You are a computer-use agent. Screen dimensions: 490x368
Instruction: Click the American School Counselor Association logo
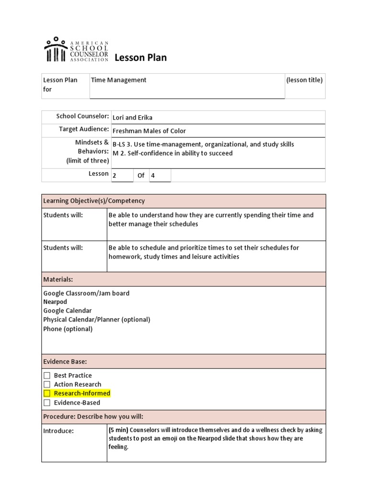tap(76, 50)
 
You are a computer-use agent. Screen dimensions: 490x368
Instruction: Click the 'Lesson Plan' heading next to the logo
tap(140, 58)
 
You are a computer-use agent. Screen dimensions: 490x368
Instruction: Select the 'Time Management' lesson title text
tap(118, 80)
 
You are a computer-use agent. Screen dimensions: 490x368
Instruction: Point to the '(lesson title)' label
tap(304, 80)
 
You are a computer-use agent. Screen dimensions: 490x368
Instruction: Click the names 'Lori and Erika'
tap(132, 118)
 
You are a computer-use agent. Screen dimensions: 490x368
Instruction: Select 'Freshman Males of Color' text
tap(149, 131)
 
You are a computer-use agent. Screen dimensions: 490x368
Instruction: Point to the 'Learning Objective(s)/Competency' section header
tap(94, 201)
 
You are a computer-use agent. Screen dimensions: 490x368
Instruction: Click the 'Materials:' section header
tap(58, 279)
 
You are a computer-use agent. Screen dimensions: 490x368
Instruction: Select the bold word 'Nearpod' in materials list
tap(55, 302)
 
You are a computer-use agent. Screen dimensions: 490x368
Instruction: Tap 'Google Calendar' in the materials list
tap(67, 311)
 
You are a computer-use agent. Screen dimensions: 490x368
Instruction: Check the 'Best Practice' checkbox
tap(47, 376)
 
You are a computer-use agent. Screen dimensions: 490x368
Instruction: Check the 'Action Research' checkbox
tap(47, 384)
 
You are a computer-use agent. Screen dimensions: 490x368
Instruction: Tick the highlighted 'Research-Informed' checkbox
tap(47, 393)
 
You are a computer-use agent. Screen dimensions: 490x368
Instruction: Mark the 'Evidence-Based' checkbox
tap(47, 402)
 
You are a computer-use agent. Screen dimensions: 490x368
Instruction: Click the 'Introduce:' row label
tap(58, 431)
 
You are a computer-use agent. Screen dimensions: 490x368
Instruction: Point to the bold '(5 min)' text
tap(118, 430)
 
